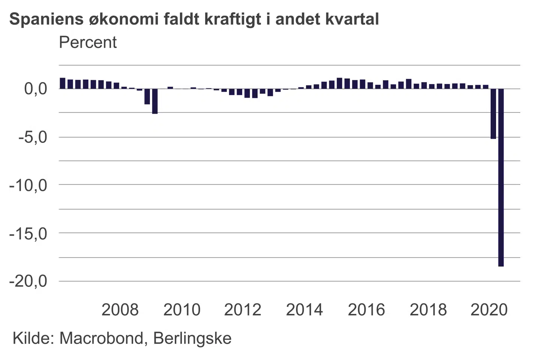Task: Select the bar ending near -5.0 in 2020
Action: (x=493, y=114)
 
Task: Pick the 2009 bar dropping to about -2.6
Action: (x=155, y=101)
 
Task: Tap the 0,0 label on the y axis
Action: (x=36, y=89)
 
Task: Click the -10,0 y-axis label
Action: (x=28, y=185)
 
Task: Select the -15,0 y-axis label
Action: (x=28, y=233)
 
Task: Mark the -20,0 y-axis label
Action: (x=28, y=281)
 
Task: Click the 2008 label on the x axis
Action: (x=120, y=310)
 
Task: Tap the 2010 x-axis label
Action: (x=182, y=310)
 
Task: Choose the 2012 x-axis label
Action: (x=243, y=310)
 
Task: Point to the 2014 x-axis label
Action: (x=304, y=310)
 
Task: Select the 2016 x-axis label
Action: (x=366, y=310)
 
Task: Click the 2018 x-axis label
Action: (x=428, y=310)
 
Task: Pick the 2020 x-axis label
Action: (x=489, y=310)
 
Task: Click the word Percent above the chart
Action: (x=88, y=42)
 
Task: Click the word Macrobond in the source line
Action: (x=101, y=338)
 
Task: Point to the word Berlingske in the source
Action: (x=192, y=338)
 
